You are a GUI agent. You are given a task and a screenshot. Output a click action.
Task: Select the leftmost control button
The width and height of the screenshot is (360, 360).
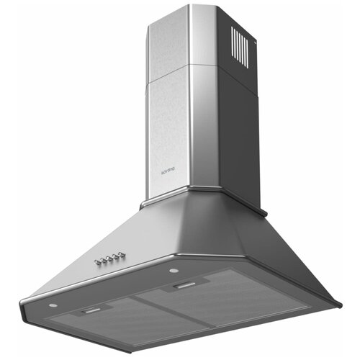pos(97,261)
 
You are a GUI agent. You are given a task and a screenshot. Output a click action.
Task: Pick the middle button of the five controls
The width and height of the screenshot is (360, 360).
pos(109,257)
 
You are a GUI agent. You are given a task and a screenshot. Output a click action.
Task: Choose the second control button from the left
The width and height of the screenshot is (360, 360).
pos(103,259)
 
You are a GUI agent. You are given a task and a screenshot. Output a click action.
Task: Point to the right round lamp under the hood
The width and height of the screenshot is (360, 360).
pos(174,271)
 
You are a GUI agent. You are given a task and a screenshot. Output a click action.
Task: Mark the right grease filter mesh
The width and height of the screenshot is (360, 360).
pos(223,302)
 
